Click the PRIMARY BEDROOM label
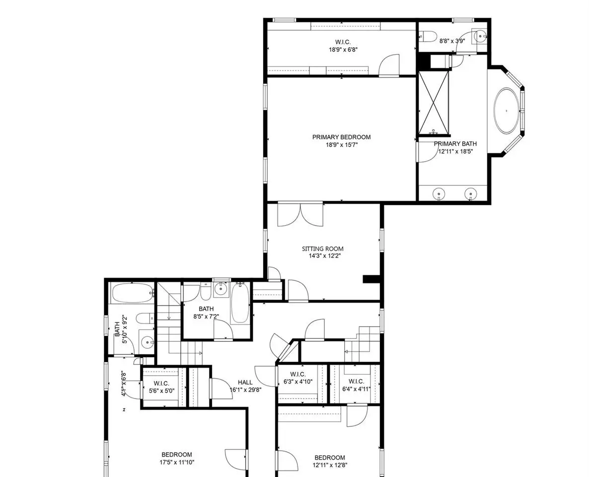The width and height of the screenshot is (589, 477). coord(342,137)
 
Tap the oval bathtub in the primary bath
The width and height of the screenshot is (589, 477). coord(507,110)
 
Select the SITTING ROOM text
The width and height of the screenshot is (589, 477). coord(323,249)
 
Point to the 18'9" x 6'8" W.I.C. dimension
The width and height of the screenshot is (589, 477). coord(343,49)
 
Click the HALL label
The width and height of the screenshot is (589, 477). coord(245,383)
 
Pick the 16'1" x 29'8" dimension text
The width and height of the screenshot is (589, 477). coord(246,390)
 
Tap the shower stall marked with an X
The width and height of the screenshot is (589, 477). coord(434,102)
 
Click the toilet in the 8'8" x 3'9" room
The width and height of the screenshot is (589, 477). coord(428,36)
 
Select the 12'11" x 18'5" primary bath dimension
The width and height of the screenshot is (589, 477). coord(455,152)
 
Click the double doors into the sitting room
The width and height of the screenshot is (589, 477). coord(300,214)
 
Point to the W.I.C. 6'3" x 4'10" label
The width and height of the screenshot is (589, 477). coord(298,378)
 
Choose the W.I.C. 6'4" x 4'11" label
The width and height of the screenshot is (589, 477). coord(356,385)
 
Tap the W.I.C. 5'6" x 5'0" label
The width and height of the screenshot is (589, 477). coord(161,387)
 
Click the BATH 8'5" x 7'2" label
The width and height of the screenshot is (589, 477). coord(206,313)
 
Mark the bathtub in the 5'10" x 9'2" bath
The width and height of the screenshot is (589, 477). coord(132,293)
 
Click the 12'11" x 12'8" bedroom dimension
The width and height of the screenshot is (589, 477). coord(330,465)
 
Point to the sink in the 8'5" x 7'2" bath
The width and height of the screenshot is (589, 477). coord(221,289)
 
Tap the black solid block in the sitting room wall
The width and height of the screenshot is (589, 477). coord(371,279)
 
